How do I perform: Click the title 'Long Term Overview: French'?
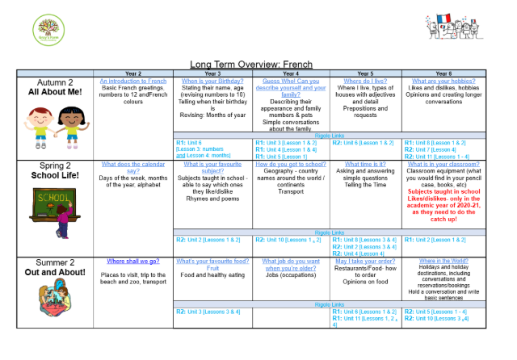(x=251, y=64)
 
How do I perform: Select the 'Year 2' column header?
(x=133, y=73)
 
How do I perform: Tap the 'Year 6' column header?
(x=443, y=73)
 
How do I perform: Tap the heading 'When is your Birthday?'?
(x=212, y=82)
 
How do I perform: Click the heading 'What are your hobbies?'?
(x=443, y=82)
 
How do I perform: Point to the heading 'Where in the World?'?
(x=443, y=262)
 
